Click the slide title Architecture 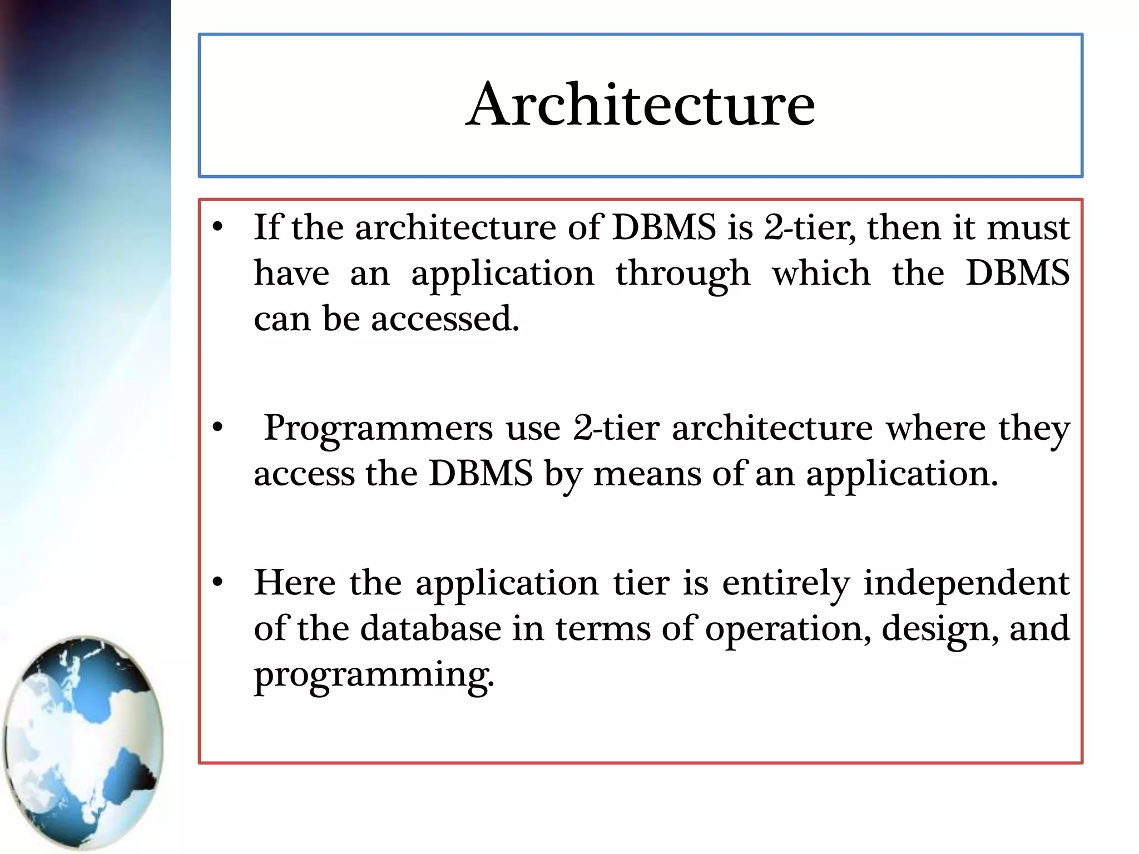tap(640, 105)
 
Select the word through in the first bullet tap(682, 274)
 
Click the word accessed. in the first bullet tap(445, 319)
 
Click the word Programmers tap(378, 429)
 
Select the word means tap(647, 474)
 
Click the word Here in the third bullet tap(295, 583)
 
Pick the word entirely tap(786, 584)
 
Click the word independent tap(966, 584)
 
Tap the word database tap(430, 629)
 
